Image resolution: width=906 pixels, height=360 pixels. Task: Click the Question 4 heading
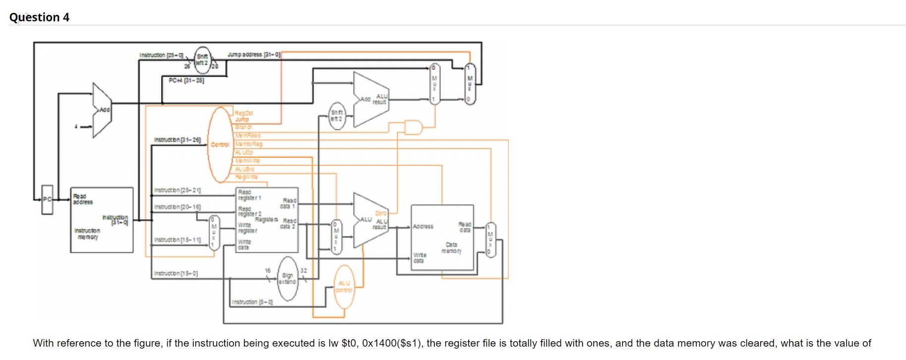coord(39,17)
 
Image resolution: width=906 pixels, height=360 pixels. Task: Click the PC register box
coord(47,199)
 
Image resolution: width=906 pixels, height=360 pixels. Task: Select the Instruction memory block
coord(102,220)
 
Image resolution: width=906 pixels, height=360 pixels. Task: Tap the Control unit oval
coord(220,145)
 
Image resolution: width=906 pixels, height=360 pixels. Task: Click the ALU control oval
coord(344,287)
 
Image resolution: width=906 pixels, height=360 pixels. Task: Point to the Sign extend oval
coord(288,279)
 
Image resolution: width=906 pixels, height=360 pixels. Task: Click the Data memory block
coord(442,237)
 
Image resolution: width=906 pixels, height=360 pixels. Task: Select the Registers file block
coord(267,219)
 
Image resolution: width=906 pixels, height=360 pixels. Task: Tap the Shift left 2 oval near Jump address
coord(202,60)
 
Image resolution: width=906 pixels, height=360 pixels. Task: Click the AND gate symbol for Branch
coord(413,127)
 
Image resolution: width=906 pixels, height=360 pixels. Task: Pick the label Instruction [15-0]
coord(176,273)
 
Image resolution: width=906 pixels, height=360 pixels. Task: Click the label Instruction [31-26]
coord(177,140)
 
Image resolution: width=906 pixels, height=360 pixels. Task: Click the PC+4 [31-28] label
coord(186,80)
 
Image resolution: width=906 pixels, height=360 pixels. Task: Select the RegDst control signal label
coord(243,113)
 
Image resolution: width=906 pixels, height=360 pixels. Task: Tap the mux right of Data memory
coord(490,239)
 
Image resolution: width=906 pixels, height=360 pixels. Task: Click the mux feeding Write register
coord(214,233)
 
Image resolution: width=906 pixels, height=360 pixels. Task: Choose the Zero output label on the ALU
coord(380,213)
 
